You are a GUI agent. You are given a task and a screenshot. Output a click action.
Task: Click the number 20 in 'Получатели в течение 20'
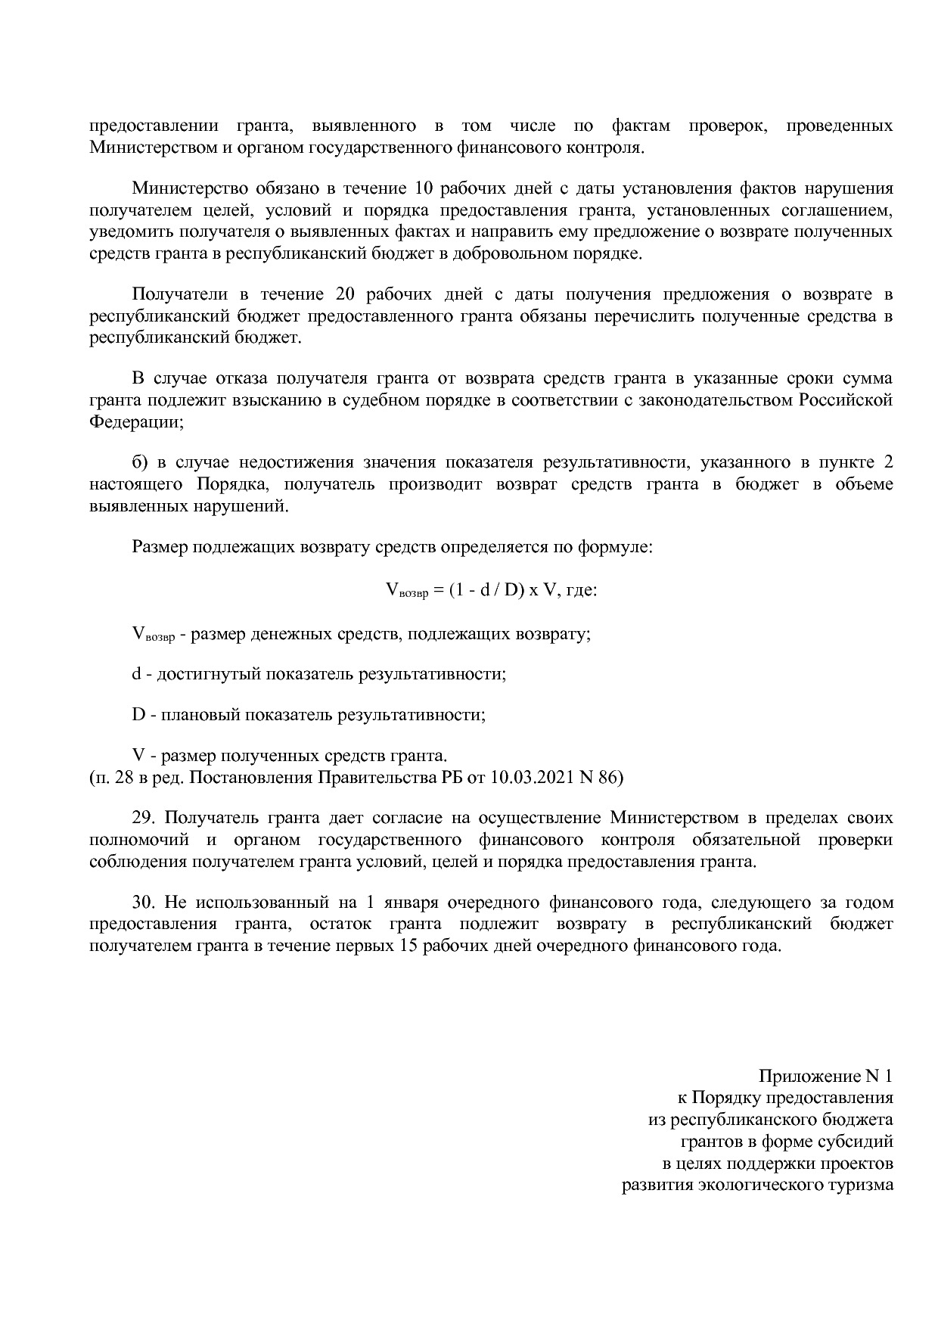[334, 294]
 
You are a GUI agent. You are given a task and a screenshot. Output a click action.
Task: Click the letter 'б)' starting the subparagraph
[140, 463]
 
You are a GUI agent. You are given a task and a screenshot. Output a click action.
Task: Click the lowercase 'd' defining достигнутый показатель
[137, 673]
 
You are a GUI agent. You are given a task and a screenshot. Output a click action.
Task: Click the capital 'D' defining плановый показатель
[138, 714]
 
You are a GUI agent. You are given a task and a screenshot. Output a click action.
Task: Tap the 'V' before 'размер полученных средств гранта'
[138, 755]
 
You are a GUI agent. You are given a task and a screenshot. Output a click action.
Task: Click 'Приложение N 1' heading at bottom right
[825, 1077]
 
